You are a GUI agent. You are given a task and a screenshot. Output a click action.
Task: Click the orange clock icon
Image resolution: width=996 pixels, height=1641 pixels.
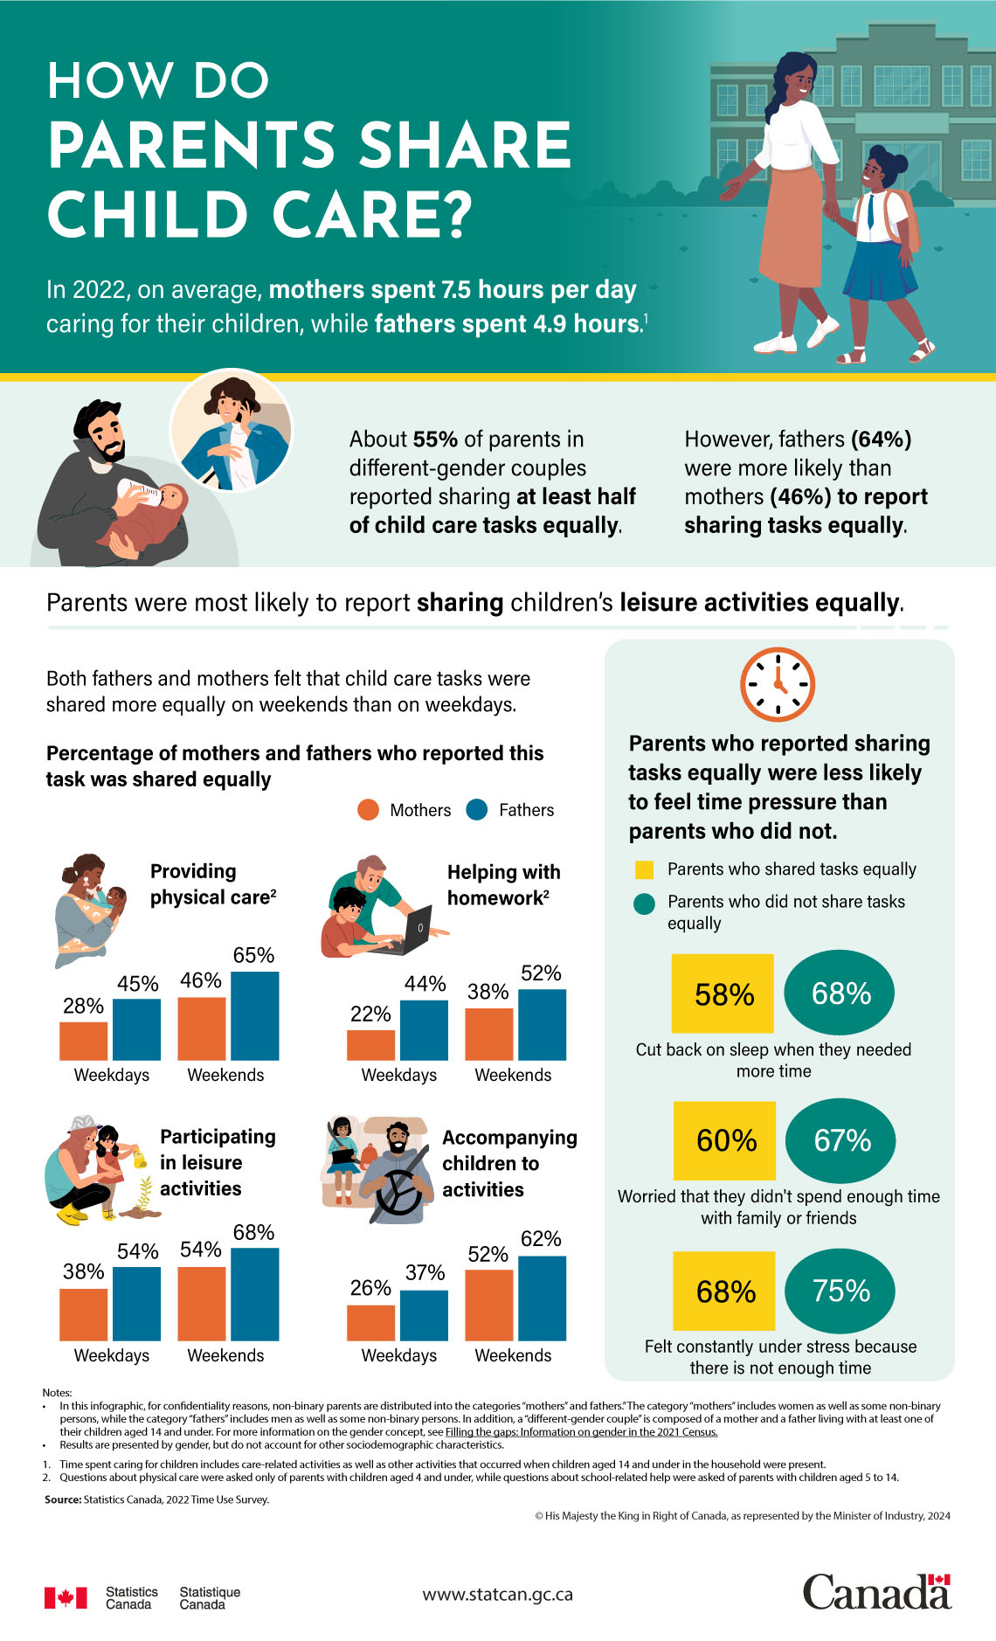click(x=778, y=684)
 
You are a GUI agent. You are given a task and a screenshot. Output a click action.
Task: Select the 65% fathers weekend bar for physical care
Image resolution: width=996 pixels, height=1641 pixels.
click(x=254, y=1015)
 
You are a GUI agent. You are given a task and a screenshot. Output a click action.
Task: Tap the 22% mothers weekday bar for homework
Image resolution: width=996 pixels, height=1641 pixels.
click(x=370, y=1045)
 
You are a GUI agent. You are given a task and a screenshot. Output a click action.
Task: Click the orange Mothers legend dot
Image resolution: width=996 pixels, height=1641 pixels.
click(x=368, y=810)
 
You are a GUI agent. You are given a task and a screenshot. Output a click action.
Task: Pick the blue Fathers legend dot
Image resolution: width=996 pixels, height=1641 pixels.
click(x=476, y=810)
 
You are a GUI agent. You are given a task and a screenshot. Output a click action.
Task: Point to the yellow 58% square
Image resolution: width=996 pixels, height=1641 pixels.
click(x=723, y=994)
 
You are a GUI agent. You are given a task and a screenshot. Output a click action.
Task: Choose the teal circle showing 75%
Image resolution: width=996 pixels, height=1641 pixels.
click(x=840, y=1291)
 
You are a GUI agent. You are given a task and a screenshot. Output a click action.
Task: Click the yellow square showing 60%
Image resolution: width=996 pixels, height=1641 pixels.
click(x=724, y=1140)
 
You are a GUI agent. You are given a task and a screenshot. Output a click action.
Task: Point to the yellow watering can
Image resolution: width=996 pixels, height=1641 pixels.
click(x=138, y=1160)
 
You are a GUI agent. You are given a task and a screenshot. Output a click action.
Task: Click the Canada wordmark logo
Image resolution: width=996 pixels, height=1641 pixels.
click(x=876, y=1592)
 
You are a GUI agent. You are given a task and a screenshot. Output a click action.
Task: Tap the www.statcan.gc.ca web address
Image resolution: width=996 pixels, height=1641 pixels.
click(x=497, y=1594)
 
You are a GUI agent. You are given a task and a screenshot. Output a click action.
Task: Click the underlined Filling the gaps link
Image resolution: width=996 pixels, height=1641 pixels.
click(x=581, y=1431)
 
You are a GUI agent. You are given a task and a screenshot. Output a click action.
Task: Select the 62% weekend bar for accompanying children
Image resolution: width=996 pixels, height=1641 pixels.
click(x=542, y=1298)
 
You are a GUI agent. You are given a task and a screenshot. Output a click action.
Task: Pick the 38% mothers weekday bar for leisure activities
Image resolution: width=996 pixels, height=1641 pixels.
click(x=83, y=1314)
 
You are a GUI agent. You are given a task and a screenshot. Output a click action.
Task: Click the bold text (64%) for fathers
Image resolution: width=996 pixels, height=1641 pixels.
click(x=881, y=440)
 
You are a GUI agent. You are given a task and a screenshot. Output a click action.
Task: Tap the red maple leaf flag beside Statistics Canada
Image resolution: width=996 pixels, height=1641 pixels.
click(x=66, y=1597)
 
